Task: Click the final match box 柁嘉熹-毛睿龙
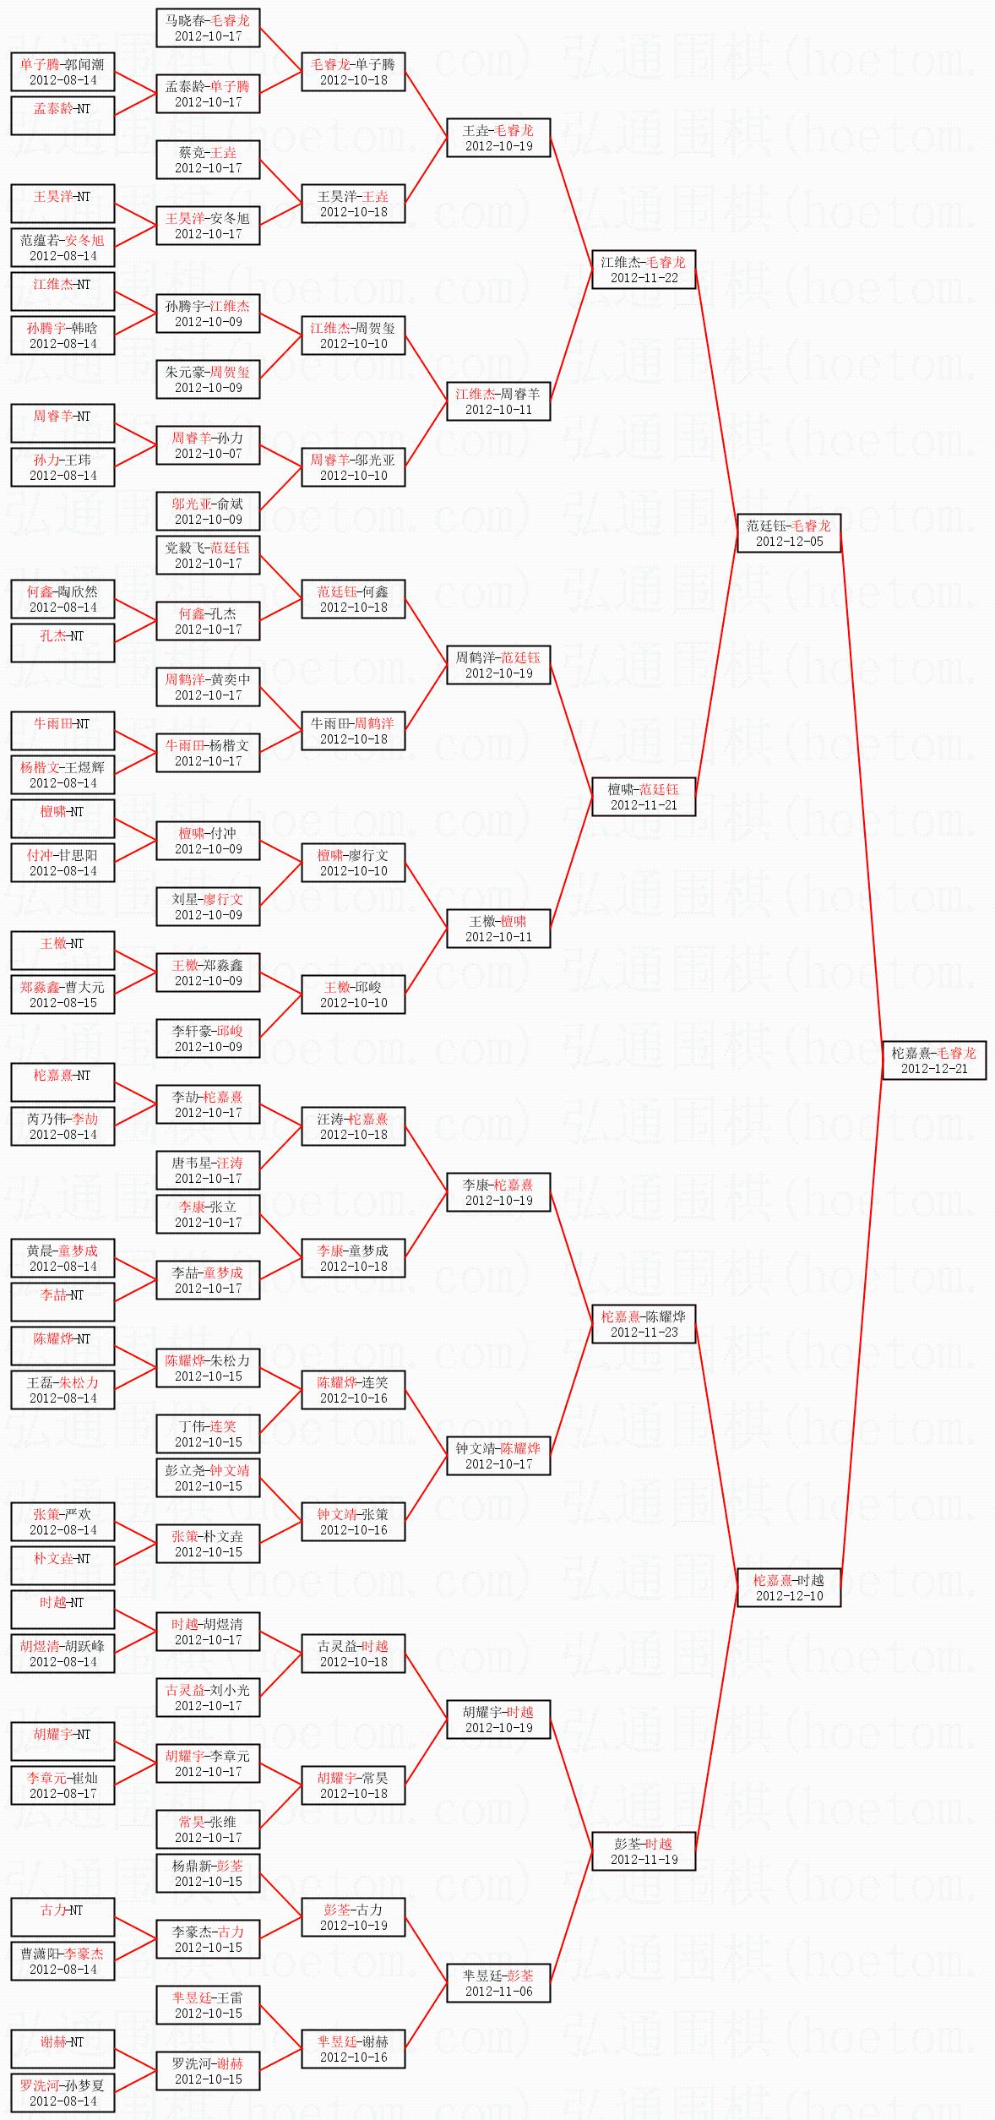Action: (x=934, y=1060)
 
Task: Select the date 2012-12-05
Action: (x=789, y=542)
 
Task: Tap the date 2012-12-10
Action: (x=789, y=1596)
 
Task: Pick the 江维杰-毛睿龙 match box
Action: (x=644, y=270)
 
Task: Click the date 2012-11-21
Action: (x=644, y=805)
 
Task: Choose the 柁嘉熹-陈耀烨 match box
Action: (x=644, y=1324)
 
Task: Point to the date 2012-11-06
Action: (x=498, y=1992)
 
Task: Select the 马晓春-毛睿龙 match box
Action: (x=208, y=28)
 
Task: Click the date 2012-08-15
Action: (x=63, y=1003)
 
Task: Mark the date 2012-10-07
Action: (x=208, y=454)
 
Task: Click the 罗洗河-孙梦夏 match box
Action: (x=63, y=2093)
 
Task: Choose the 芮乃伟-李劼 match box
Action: (x=63, y=1126)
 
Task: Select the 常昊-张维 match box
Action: (x=208, y=1829)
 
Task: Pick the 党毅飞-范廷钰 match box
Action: (x=208, y=555)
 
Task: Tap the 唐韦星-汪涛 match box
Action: (x=208, y=1170)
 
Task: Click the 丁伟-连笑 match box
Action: (x=208, y=1434)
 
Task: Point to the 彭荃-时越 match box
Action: (x=644, y=1851)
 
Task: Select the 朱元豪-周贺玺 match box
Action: (x=208, y=379)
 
